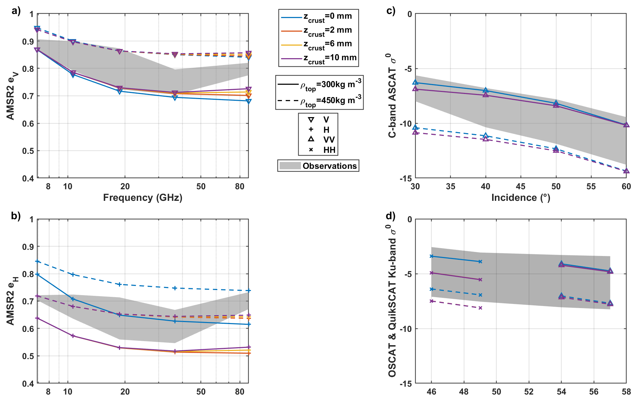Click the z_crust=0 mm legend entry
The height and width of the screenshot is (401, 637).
point(318,17)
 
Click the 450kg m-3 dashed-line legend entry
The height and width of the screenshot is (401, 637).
point(319,101)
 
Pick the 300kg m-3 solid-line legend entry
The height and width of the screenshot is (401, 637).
point(319,84)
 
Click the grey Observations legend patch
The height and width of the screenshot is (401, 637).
point(290,166)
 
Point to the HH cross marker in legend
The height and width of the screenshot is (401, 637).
point(311,150)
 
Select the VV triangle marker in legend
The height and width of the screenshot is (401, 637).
point(311,139)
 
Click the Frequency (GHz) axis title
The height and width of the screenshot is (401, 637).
point(143,198)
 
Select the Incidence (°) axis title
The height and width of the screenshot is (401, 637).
point(520,198)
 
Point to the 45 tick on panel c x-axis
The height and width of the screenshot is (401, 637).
point(521,186)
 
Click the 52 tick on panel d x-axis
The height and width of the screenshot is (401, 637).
point(529,391)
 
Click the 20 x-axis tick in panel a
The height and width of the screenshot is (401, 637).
point(125,186)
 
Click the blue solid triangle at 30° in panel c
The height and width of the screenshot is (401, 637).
point(415,82)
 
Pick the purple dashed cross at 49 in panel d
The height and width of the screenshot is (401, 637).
point(480,308)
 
